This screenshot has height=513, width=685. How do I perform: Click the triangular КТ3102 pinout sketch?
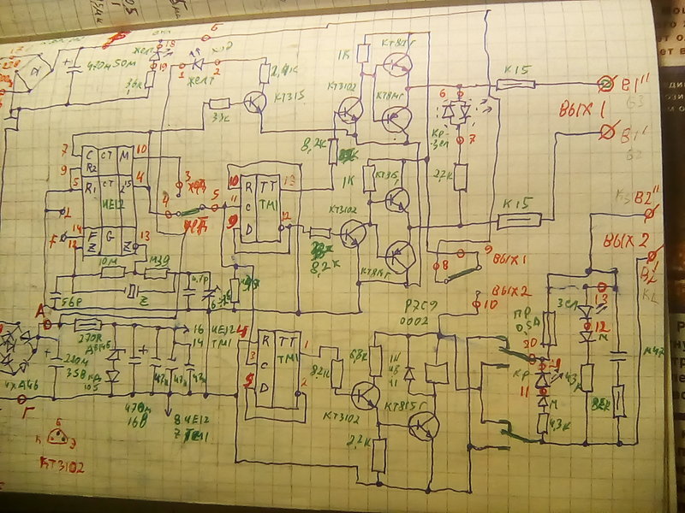58,436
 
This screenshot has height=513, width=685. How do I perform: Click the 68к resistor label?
357,352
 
